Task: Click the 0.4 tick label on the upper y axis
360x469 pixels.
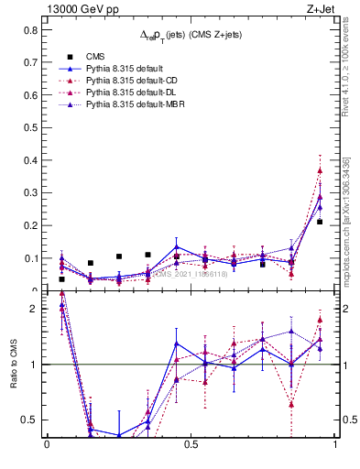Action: click(30, 160)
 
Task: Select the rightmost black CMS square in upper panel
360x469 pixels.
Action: click(320, 222)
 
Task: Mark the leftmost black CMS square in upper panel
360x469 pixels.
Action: click(61, 278)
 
